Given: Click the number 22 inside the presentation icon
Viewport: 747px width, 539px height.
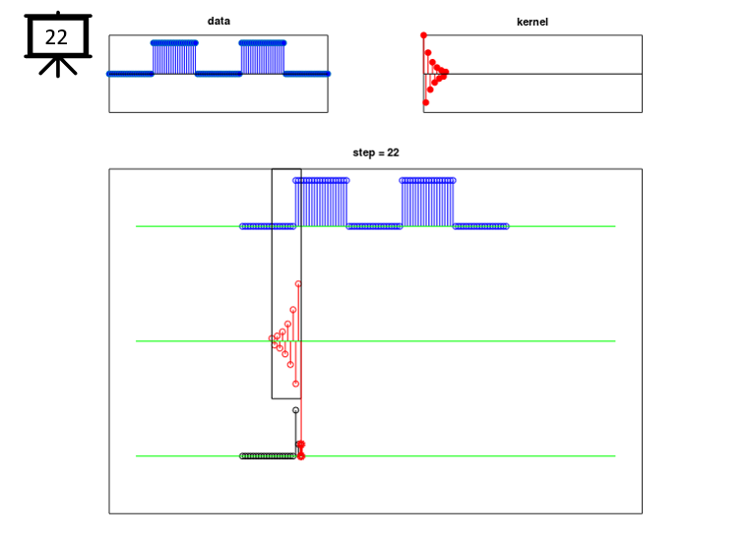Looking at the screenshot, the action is (x=56, y=37).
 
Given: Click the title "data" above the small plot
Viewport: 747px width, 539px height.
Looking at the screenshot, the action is (x=218, y=21).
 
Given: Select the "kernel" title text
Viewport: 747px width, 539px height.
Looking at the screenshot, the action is (x=532, y=22).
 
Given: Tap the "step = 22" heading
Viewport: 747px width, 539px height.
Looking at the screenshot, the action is (x=376, y=152).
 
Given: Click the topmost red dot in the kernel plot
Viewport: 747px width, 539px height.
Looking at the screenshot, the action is (x=423, y=35).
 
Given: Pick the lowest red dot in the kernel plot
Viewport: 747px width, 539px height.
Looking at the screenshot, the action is (x=426, y=102).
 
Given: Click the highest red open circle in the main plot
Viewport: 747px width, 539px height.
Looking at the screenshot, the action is (x=298, y=284).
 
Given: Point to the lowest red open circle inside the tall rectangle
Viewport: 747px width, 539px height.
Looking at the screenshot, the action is (x=296, y=384).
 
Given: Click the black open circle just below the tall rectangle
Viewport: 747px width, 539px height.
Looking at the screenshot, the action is (x=296, y=410).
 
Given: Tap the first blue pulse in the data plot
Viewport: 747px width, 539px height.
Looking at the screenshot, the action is (x=174, y=58).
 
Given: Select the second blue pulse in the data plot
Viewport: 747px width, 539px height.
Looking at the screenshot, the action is (x=263, y=58).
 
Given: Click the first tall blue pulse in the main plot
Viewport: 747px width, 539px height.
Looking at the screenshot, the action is (x=321, y=203).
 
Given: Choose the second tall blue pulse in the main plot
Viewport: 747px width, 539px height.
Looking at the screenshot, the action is (x=428, y=203).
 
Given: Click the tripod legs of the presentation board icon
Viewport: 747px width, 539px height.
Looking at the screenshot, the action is (x=58, y=67).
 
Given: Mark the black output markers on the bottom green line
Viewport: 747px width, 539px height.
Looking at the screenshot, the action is (x=268, y=456).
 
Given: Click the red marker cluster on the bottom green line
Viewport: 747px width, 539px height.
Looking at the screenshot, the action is (x=300, y=449).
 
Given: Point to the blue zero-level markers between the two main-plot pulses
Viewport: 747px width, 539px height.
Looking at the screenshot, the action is (x=374, y=226).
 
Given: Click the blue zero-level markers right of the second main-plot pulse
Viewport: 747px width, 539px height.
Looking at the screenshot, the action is (x=481, y=226).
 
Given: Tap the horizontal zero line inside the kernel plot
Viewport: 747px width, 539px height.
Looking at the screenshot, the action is (x=532, y=74).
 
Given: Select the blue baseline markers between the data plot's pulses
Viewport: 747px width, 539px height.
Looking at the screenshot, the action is (x=218, y=74).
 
